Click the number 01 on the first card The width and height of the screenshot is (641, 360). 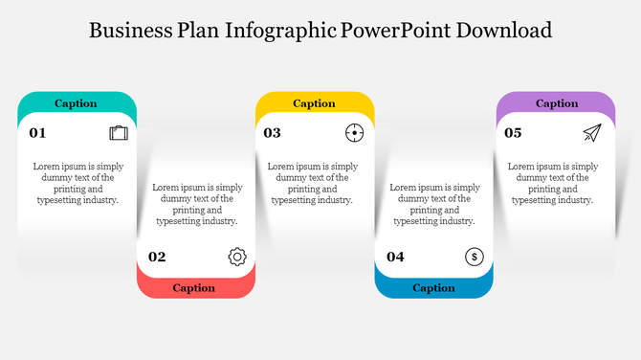(37, 133)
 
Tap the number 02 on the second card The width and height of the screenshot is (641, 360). (157, 257)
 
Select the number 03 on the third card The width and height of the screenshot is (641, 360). (273, 133)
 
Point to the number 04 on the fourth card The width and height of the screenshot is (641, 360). (395, 257)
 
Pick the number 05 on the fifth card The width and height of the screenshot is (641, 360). (514, 133)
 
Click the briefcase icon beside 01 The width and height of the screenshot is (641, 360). (119, 133)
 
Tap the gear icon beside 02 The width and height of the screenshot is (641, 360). (237, 257)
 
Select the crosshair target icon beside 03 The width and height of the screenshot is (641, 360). (355, 133)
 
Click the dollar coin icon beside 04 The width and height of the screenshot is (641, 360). (475, 257)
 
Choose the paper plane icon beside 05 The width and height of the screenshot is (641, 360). (592, 133)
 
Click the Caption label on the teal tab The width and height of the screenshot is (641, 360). (76, 103)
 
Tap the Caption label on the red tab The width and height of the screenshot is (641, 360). (194, 287)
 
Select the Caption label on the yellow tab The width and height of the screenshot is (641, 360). (314, 103)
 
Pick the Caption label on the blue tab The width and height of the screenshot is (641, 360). (433, 287)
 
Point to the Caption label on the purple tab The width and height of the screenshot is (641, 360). (557, 103)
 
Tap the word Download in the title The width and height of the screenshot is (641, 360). (504, 30)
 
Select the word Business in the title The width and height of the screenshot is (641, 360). (131, 30)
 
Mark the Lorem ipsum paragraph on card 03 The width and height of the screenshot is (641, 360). (313, 183)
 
